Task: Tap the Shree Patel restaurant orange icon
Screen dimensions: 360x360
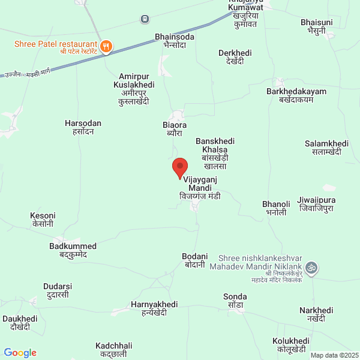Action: click(106, 45)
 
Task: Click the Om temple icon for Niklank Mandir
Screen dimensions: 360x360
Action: click(311, 266)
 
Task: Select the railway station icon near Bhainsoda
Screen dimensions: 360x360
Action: click(145, 19)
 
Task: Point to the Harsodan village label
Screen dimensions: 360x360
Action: click(83, 127)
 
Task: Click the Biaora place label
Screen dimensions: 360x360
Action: click(175, 129)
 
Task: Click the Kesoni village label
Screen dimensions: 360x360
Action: click(43, 219)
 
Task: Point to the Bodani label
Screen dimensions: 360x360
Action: click(194, 260)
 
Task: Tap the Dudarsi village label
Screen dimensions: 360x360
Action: click(58, 290)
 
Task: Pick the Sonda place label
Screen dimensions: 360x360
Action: click(235, 301)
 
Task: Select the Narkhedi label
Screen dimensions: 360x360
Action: click(316, 314)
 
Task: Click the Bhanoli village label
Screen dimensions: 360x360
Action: click(276, 208)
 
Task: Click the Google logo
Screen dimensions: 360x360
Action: click(20, 353)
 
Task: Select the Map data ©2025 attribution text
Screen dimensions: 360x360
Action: click(334, 355)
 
